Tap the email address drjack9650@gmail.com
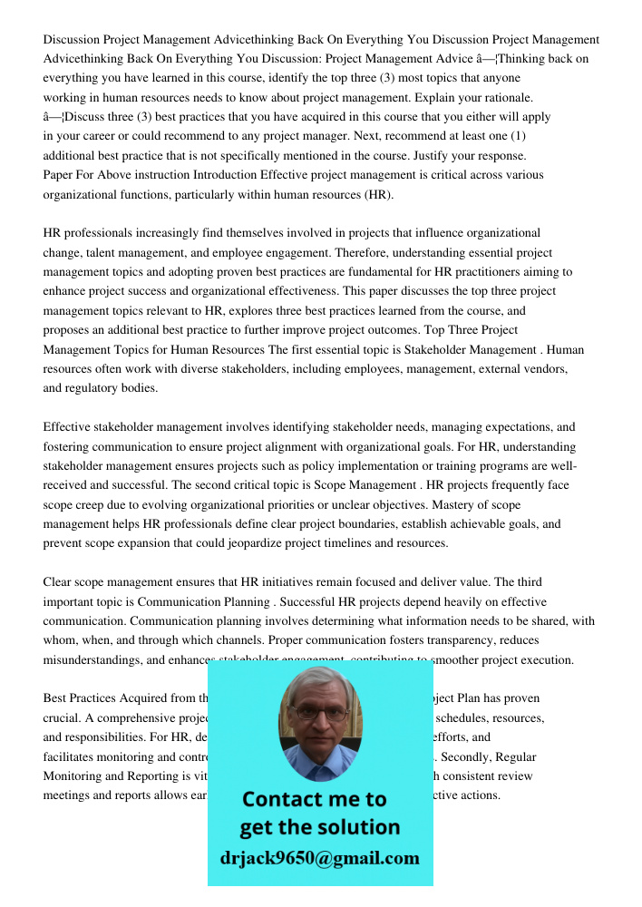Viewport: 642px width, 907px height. (x=320, y=857)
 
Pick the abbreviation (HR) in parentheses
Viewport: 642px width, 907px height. (x=379, y=194)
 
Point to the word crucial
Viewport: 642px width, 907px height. (x=63, y=717)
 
